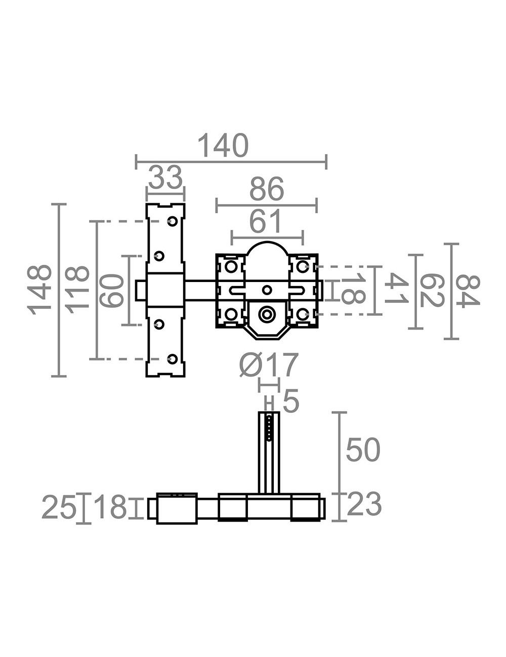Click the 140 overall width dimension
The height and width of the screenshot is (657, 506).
pyautogui.click(x=223, y=146)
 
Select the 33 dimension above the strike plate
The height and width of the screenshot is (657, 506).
pyautogui.click(x=165, y=177)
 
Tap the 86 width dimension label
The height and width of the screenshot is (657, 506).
pyautogui.click(x=267, y=189)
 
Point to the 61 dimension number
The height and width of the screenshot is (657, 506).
pyautogui.click(x=266, y=222)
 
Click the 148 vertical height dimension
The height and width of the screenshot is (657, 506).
pyautogui.click(x=39, y=290)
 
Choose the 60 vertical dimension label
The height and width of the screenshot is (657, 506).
pyautogui.click(x=112, y=290)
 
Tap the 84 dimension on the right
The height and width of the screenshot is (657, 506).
pyautogui.click(x=468, y=292)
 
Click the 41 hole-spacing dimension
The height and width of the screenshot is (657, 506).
pyautogui.click(x=397, y=288)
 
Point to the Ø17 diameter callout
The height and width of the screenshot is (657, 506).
pyautogui.click(x=269, y=365)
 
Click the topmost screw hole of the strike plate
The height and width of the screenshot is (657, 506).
pyautogui.click(x=173, y=221)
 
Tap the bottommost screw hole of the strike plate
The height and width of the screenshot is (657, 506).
pyautogui.click(x=173, y=359)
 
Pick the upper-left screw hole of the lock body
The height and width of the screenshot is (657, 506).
pyautogui.click(x=231, y=267)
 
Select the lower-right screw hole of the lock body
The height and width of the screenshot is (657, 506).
pyautogui.click(x=302, y=314)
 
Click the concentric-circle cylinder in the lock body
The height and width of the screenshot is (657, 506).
pyautogui.click(x=266, y=314)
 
